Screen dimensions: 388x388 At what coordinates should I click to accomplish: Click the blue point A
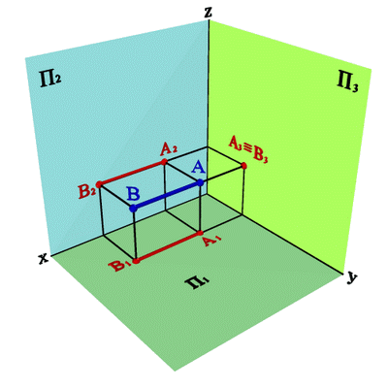click(x=201, y=182)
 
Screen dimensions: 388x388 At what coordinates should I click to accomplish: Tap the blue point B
click(x=133, y=209)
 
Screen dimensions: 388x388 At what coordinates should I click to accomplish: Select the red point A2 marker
click(x=164, y=161)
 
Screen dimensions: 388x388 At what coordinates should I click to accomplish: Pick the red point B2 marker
click(x=99, y=184)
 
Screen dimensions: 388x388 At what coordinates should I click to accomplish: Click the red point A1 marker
click(x=200, y=233)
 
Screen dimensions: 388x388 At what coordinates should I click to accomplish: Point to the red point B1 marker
click(x=136, y=261)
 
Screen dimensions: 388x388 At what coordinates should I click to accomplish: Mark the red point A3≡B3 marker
click(x=244, y=166)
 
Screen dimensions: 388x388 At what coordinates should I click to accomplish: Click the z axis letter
click(x=209, y=12)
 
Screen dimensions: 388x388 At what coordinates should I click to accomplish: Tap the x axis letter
click(x=43, y=258)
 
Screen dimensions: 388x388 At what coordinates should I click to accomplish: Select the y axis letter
click(x=351, y=277)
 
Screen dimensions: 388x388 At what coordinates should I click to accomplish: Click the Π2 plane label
click(x=50, y=80)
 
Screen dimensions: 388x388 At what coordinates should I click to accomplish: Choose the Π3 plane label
click(x=347, y=83)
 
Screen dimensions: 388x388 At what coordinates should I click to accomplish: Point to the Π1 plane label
click(x=197, y=283)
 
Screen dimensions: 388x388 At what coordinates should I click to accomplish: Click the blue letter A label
click(x=198, y=168)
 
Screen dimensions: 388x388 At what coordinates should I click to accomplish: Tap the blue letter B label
click(x=133, y=194)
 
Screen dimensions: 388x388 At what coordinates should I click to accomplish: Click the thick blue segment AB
click(x=167, y=196)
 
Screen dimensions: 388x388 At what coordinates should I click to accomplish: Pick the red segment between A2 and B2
click(x=132, y=173)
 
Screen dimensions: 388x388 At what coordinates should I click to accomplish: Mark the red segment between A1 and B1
click(x=168, y=246)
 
